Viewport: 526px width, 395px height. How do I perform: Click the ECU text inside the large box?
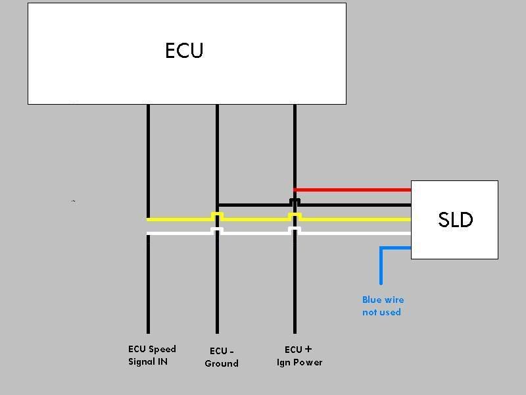(184, 51)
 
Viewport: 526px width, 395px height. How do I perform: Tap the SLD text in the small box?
(455, 220)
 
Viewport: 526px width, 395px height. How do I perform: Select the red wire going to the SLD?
(352, 190)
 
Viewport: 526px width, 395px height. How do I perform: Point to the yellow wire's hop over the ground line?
(217, 215)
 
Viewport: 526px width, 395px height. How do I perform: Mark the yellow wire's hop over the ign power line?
(295, 215)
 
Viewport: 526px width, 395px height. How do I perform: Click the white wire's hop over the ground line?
(217, 229)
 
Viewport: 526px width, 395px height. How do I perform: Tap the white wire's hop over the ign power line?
(295, 229)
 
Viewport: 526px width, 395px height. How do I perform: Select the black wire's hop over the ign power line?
(295, 201)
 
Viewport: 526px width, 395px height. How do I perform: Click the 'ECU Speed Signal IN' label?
(152, 355)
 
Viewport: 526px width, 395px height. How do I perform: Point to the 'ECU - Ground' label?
(222, 357)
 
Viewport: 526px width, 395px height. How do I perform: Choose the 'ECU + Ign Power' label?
(299, 356)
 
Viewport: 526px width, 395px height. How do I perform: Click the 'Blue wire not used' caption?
(383, 305)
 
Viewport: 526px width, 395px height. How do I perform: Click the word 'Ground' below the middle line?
(222, 363)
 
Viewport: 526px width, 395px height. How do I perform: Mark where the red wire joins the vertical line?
(295, 190)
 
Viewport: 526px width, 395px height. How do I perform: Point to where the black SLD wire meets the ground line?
(218, 205)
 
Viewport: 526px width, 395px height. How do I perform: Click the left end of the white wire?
(147, 233)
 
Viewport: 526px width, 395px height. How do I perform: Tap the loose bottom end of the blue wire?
(381, 284)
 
